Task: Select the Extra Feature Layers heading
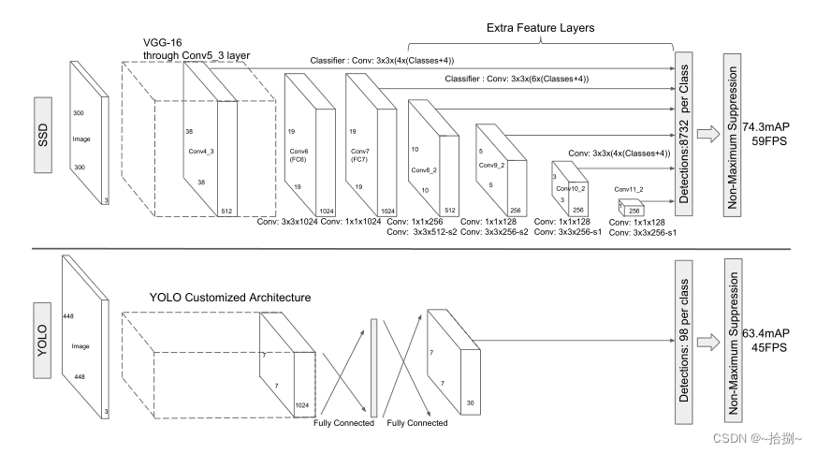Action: pyautogui.click(x=540, y=28)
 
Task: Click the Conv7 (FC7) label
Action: pyautogui.click(x=360, y=154)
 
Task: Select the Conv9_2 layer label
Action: pyautogui.click(x=490, y=165)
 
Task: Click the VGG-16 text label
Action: pyautogui.click(x=165, y=42)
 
